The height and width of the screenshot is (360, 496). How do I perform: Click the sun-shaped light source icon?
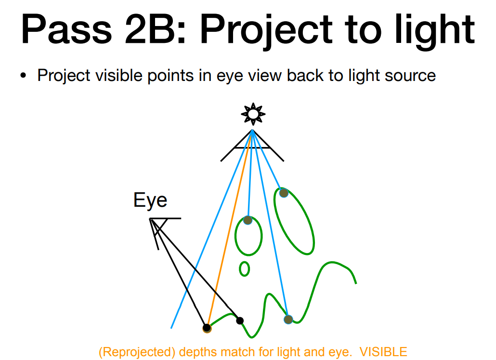(253, 113)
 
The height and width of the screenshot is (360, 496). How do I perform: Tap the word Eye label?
(150, 200)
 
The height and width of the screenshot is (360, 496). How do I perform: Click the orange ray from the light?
(230, 229)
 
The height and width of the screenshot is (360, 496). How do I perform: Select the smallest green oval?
(244, 269)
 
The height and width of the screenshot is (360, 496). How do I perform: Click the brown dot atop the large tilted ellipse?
(284, 192)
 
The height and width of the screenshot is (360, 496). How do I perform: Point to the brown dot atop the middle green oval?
(248, 220)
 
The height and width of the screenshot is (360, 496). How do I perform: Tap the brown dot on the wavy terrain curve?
(288, 320)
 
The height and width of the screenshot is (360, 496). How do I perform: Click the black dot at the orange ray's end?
(207, 328)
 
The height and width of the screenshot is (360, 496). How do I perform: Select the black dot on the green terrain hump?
(240, 321)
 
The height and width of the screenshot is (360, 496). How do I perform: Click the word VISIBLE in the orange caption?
(383, 352)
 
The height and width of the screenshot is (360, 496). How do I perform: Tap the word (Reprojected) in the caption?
(137, 352)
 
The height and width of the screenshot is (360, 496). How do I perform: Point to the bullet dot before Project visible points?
(23, 76)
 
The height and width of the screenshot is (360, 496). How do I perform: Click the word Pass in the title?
(66, 29)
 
